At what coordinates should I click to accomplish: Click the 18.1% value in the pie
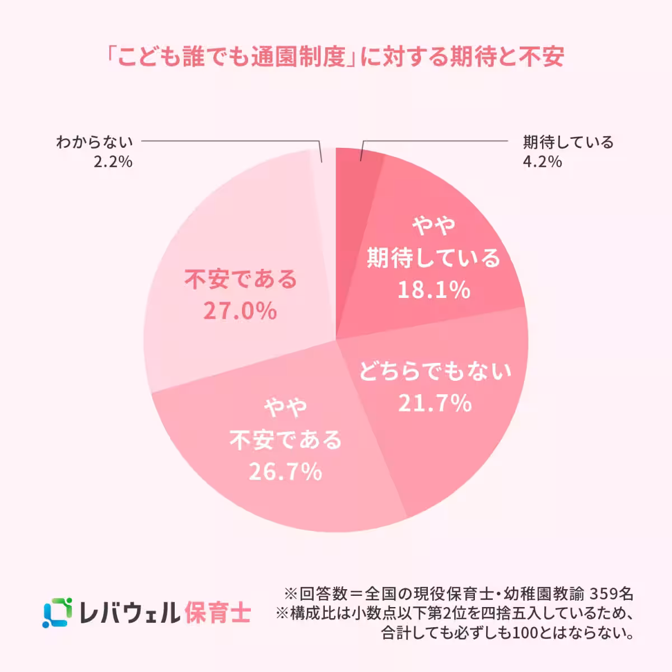coord(433,290)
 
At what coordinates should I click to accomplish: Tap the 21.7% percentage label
coord(435,403)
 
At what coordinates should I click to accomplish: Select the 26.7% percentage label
coord(286,472)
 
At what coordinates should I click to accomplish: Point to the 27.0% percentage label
coord(240,311)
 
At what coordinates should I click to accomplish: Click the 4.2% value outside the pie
coord(542,162)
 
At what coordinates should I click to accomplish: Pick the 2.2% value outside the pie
coord(113,162)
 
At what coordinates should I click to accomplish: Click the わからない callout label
coord(94,142)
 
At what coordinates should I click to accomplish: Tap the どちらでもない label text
coord(435,371)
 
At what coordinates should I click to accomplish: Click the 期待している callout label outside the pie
coord(568,142)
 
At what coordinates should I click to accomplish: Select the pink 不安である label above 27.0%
coord(241,279)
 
